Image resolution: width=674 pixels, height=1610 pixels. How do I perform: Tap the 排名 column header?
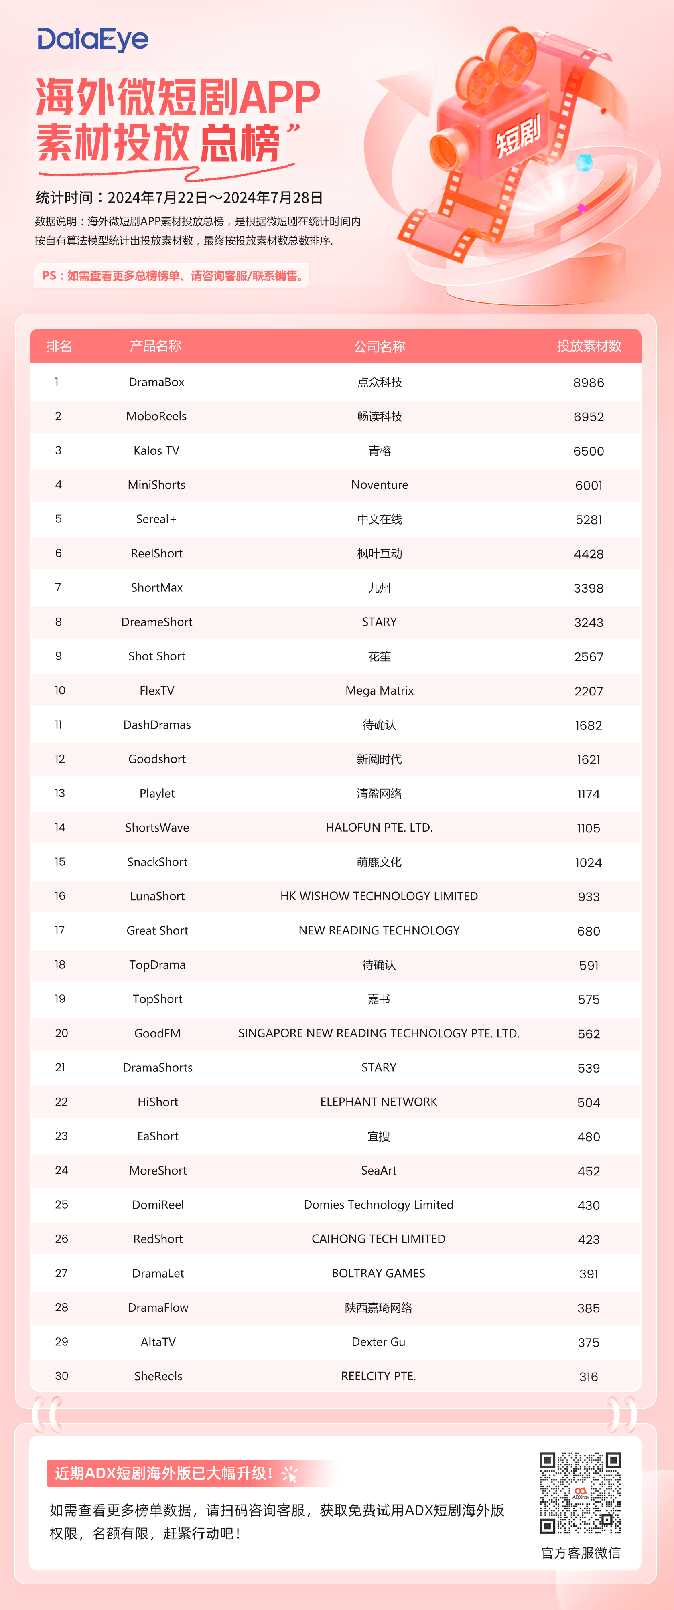pos(59,346)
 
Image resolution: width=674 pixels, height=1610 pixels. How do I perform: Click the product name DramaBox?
pos(156,382)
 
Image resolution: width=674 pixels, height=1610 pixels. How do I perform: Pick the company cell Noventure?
pos(380,485)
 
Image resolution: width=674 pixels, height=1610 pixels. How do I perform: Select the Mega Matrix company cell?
pos(380,691)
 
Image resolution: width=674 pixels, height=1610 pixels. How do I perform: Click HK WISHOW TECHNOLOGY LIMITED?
pos(379,896)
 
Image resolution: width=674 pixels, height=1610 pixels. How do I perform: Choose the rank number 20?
pos(61,1033)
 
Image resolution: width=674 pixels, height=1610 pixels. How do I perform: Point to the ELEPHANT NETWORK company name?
pos(379,1102)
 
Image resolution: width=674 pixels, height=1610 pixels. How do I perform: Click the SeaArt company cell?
pos(379,1171)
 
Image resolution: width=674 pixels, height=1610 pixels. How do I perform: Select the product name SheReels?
pos(158,1376)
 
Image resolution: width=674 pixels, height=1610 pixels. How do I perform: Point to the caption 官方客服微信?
pos(580,1553)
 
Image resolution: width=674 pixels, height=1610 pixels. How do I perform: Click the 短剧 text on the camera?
pos(518,137)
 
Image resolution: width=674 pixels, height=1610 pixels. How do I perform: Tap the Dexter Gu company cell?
pos(379,1342)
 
